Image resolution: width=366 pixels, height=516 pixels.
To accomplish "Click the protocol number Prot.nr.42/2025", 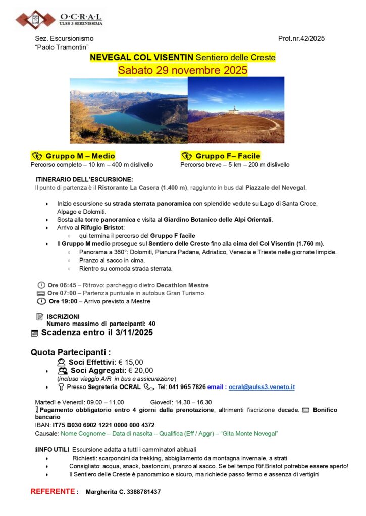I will coord(301,38).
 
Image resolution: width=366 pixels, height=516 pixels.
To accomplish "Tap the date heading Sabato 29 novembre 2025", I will coord(183,70).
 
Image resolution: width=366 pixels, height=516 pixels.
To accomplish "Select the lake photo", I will coord(128,110).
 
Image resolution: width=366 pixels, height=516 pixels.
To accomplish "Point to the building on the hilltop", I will coord(233,110).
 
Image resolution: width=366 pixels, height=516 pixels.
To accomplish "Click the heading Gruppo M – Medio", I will coord(80,156).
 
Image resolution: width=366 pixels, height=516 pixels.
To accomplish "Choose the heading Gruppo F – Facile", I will coord(228,156).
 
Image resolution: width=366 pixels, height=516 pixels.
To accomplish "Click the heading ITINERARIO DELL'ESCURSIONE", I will coord(84,179).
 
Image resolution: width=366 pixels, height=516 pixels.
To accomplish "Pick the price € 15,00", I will coord(131,362).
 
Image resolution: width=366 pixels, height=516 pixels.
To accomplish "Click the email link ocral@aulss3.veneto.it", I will coord(262,387).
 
